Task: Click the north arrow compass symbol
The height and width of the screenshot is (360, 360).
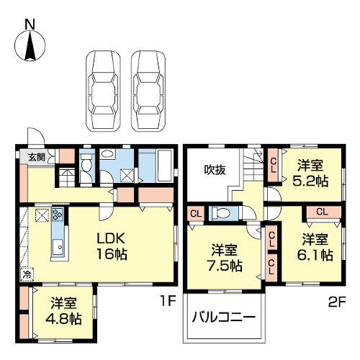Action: click(30, 45)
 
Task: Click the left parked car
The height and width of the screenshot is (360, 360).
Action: click(103, 91)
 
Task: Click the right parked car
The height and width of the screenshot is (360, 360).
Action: click(148, 91)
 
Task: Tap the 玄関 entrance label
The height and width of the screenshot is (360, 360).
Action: click(37, 157)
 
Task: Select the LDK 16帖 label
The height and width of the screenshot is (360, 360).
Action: click(111, 246)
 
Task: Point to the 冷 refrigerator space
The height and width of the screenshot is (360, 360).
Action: click(27, 274)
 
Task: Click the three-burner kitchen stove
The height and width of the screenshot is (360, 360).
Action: click(58, 215)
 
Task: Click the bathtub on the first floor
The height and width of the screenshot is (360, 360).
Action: click(164, 166)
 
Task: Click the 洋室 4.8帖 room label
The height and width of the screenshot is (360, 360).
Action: click(63, 311)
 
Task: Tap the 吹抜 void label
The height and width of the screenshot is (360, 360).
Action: click(215, 170)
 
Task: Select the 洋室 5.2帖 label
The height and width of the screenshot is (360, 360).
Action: click(310, 174)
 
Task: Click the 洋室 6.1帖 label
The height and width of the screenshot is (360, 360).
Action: click(315, 247)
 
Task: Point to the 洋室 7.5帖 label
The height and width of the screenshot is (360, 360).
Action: click(225, 258)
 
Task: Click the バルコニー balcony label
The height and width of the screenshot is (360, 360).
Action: click(223, 318)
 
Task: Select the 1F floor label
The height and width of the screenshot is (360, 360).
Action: click(168, 301)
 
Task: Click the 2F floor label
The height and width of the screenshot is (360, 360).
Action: click(336, 302)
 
